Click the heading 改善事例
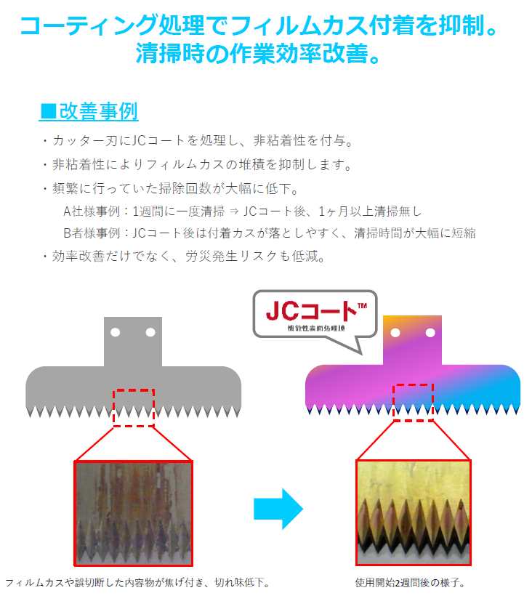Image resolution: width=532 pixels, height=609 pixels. click(89, 112)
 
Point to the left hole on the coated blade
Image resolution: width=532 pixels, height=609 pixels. click(395, 333)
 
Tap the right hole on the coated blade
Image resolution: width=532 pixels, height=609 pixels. click(430, 333)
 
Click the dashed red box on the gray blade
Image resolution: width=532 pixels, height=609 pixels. click(134, 408)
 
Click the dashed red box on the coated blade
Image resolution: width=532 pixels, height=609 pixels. click(413, 402)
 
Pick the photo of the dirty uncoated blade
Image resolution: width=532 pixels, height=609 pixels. click(133, 512)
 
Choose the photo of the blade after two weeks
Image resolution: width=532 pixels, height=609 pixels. click(413, 512)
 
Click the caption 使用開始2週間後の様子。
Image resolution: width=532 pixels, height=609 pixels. click(411, 583)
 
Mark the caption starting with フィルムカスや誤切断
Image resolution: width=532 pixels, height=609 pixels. click(138, 583)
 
